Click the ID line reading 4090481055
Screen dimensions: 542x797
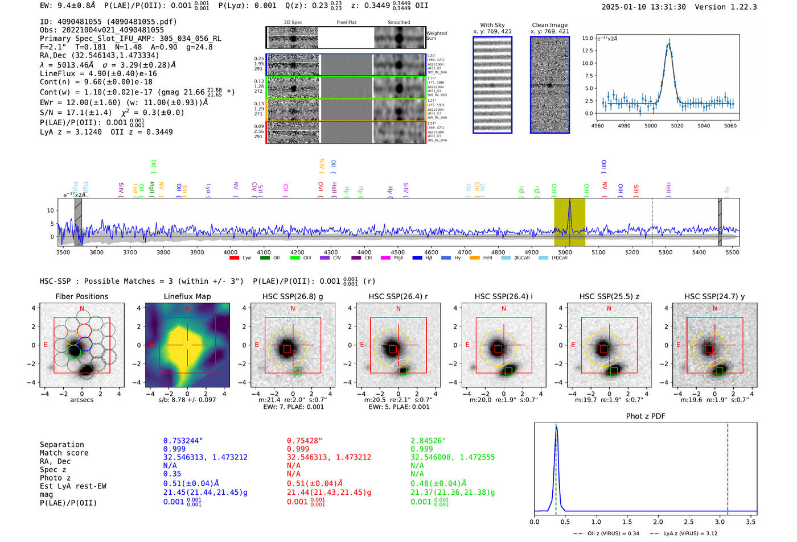(x=108, y=22)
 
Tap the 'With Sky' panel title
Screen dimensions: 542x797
(x=492, y=25)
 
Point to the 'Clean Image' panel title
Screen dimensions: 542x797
(x=549, y=25)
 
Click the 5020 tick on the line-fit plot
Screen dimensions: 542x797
(x=677, y=126)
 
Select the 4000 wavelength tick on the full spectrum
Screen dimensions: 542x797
(x=230, y=253)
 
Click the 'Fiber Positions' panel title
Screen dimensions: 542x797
(x=81, y=296)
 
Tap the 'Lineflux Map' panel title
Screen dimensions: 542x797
(x=187, y=296)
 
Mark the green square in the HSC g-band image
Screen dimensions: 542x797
(x=297, y=371)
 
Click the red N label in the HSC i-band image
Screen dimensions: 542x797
(x=504, y=309)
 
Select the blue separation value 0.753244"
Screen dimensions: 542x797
(x=183, y=441)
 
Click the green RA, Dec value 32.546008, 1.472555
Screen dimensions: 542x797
(x=453, y=457)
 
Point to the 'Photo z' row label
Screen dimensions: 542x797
(x=55, y=478)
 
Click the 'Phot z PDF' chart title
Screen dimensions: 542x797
(x=645, y=416)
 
